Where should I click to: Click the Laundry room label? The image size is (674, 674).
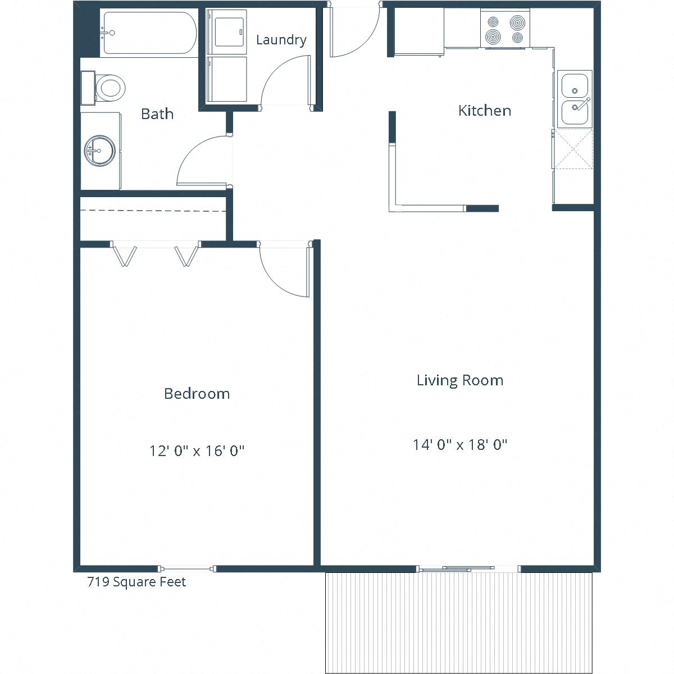point(281,40)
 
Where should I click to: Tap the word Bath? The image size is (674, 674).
point(157,114)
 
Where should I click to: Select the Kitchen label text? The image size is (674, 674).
point(484,111)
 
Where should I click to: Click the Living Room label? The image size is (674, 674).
point(459,380)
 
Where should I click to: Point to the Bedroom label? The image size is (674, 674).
point(197,394)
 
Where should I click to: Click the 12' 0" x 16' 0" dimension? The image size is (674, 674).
point(197,450)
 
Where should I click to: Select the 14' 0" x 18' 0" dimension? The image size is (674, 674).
point(460,445)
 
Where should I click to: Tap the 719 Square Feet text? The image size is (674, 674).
point(136,582)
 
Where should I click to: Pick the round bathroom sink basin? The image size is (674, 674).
point(100,151)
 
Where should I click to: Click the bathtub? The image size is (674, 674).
point(149,33)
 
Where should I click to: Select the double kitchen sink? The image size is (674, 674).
point(574,99)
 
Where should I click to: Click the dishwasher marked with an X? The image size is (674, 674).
point(573,149)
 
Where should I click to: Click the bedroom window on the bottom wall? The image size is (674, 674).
point(186,568)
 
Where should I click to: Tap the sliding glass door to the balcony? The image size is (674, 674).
point(468,568)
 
